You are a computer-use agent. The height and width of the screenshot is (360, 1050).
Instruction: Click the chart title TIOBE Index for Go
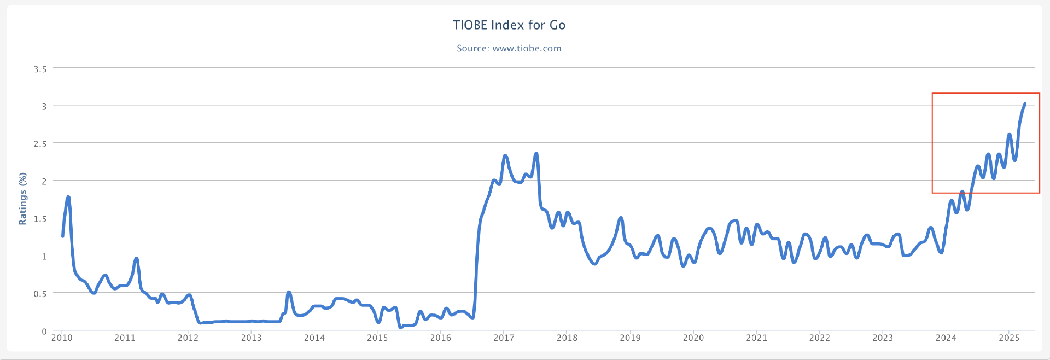[509, 25]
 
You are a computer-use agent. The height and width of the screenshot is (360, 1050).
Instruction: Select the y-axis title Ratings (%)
[22, 198]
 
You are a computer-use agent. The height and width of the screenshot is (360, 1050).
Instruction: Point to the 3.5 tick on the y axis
[40, 69]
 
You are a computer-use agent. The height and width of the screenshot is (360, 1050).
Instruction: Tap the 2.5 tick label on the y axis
[40, 144]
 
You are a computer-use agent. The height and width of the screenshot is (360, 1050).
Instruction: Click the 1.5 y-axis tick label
[40, 219]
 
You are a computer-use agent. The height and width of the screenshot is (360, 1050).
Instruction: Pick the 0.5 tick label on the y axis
[40, 294]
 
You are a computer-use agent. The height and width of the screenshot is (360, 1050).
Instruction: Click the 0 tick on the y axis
[44, 332]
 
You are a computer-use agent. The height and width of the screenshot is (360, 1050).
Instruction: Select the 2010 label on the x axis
[62, 338]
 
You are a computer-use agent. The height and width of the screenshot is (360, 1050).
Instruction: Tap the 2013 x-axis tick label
[251, 338]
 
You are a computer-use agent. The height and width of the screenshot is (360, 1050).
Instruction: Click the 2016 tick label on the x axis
[441, 338]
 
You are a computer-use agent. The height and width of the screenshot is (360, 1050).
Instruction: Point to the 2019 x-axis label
[630, 338]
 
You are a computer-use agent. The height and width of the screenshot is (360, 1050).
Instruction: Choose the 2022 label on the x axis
[819, 338]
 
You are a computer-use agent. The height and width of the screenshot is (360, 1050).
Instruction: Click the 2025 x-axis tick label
[1009, 338]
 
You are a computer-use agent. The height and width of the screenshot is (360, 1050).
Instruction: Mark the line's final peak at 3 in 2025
[1024, 103]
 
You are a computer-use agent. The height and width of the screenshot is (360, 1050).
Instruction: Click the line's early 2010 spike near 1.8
[68, 197]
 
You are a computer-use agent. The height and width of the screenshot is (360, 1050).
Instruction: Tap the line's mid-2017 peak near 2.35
[536, 154]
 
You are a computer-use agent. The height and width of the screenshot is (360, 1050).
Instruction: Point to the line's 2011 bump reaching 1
[136, 258]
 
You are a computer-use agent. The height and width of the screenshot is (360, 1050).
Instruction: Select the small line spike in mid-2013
[289, 292]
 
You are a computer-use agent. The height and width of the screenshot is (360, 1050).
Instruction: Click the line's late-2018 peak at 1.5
[621, 218]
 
